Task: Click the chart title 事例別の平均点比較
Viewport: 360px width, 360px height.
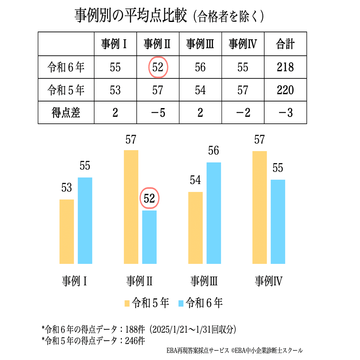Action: pyautogui.click(x=131, y=16)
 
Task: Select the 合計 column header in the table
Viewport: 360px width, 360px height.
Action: pyautogui.click(x=285, y=44)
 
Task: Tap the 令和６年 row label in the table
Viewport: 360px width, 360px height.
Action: pyautogui.click(x=66, y=67)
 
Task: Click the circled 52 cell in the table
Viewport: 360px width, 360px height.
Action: pyautogui.click(x=158, y=67)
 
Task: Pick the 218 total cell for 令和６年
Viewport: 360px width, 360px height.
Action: pyautogui.click(x=285, y=67)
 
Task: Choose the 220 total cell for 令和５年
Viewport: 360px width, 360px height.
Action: pyautogui.click(x=285, y=90)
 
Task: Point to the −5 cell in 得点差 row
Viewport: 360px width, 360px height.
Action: pyautogui.click(x=158, y=112)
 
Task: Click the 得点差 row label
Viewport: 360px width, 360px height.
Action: pyautogui.click(x=66, y=112)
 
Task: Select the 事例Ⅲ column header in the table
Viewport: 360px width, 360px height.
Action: pyautogui.click(x=200, y=44)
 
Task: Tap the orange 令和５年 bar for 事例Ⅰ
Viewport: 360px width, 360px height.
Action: pyautogui.click(x=67, y=232)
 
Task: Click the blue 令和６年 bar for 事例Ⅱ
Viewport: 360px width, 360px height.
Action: pyautogui.click(x=149, y=237)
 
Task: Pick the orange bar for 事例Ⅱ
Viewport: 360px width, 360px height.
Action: pyautogui.click(x=131, y=207)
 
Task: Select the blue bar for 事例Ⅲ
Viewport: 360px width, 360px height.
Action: pyautogui.click(x=214, y=213)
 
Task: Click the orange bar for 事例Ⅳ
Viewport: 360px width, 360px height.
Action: pyautogui.click(x=259, y=207)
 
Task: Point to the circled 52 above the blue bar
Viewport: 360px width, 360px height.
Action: pyautogui.click(x=150, y=198)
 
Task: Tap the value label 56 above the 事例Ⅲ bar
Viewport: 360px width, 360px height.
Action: pyautogui.click(x=214, y=151)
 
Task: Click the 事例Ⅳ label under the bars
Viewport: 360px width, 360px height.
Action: pyautogui.click(x=269, y=281)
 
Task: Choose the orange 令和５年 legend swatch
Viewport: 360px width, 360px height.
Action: pyautogui.click(x=127, y=303)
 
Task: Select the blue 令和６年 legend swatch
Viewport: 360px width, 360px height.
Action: pyautogui.click(x=181, y=303)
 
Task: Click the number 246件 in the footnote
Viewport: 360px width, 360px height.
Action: pyautogui.click(x=135, y=341)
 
